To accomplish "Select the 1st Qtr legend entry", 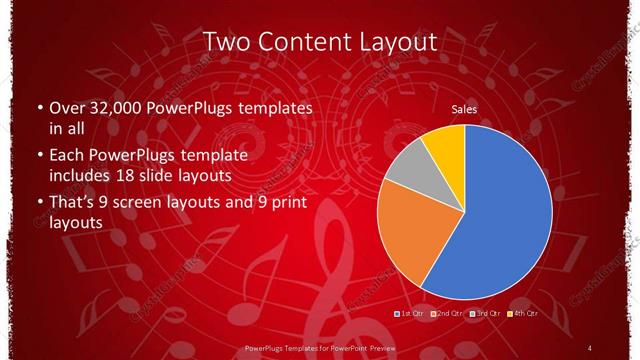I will point(411,314).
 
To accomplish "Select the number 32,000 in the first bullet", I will point(111,107).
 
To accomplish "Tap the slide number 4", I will point(590,347).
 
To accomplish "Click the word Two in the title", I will point(226,42).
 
